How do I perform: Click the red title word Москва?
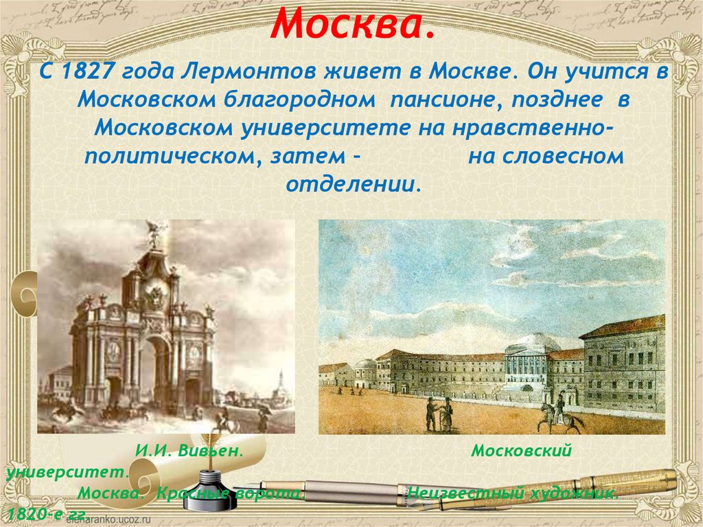tap(353, 25)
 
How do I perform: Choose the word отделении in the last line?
tap(351, 184)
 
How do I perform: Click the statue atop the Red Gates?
tap(155, 234)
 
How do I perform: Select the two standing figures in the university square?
tap(439, 413)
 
